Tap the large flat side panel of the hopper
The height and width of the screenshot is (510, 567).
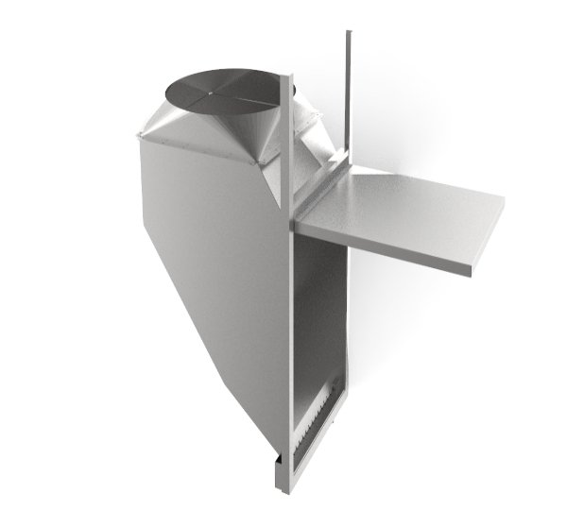tap(208, 246)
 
